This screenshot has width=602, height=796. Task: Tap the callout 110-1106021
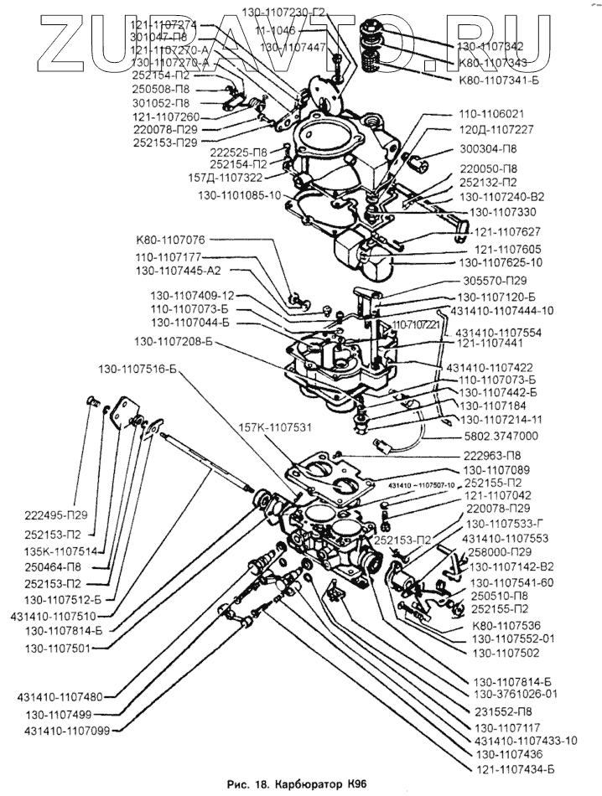pyautogui.click(x=491, y=113)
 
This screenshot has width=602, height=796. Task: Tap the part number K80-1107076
pyautogui.click(x=170, y=240)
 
